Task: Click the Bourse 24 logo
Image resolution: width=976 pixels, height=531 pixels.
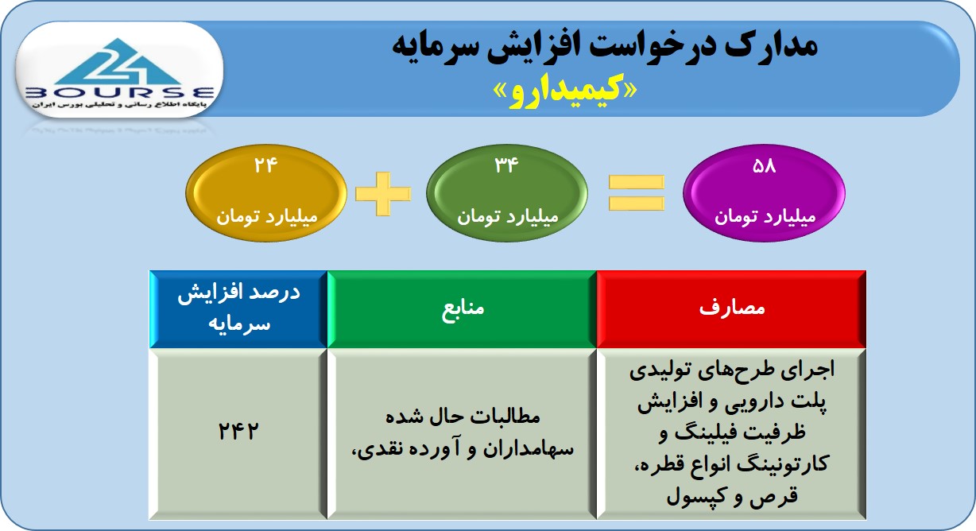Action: pyautogui.click(x=119, y=72)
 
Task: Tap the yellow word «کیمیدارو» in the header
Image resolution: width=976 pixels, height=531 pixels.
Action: pyautogui.click(x=564, y=92)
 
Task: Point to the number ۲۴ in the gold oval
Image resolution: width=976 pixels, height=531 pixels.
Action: pyautogui.click(x=265, y=165)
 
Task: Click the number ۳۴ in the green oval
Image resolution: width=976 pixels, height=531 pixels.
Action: pyautogui.click(x=506, y=165)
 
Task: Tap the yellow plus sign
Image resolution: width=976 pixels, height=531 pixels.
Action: pyautogui.click(x=383, y=194)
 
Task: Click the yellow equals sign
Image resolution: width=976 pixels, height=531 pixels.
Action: pyautogui.click(x=636, y=192)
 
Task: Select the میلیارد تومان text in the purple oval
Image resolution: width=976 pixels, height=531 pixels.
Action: pyautogui.click(x=765, y=216)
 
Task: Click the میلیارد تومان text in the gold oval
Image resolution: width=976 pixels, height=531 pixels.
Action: pyautogui.click(x=267, y=216)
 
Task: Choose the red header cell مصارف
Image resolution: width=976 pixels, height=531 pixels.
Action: pyautogui.click(x=731, y=309)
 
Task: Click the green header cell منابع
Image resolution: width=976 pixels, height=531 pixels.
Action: pyautogui.click(x=462, y=309)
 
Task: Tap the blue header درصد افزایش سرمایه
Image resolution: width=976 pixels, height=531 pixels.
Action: pyautogui.click(x=238, y=309)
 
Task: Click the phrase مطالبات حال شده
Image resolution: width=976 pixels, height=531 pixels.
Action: pyautogui.click(x=463, y=417)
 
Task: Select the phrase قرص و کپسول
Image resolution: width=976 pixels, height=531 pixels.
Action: pyautogui.click(x=732, y=497)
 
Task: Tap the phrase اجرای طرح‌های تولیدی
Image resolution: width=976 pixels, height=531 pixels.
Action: pyautogui.click(x=732, y=370)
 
